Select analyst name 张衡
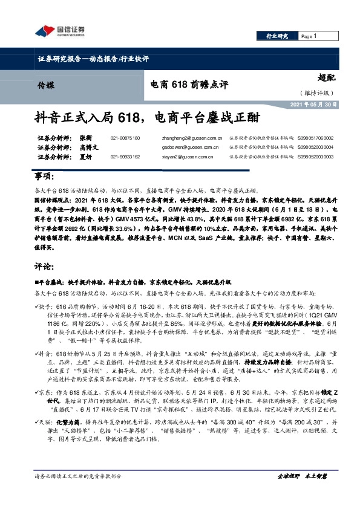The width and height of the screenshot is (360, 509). click(85, 138)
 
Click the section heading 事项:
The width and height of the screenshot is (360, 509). click(41, 176)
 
